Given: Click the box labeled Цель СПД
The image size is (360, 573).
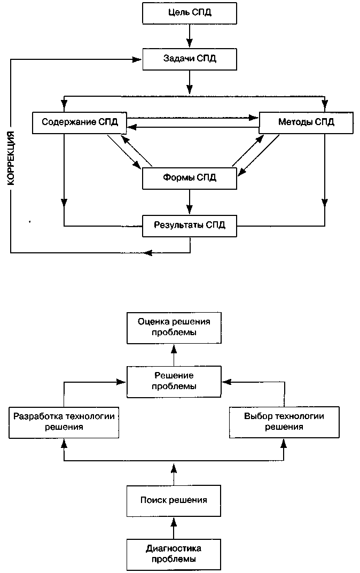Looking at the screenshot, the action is [x=190, y=13].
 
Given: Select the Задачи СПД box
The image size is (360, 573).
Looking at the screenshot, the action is [x=190, y=59].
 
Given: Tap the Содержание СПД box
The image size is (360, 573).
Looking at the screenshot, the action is [x=80, y=122].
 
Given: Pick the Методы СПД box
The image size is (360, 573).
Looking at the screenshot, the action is [x=306, y=122].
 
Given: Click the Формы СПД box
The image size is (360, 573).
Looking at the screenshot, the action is [x=190, y=179].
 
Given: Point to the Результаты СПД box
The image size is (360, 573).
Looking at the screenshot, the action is [x=190, y=226].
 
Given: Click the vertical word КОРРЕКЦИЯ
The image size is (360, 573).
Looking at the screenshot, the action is [x=11, y=158].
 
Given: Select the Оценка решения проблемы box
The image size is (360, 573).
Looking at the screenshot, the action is [x=174, y=328].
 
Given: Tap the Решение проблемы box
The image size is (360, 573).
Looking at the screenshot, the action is [x=174, y=382].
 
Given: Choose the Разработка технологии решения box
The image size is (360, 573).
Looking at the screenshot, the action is [x=64, y=422].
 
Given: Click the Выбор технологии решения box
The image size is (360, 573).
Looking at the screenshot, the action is [x=284, y=422].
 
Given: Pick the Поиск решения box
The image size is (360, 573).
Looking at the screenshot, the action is [x=174, y=501].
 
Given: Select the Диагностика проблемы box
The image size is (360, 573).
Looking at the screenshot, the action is [x=174, y=554].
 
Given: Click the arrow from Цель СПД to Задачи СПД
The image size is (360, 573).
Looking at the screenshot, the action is [x=189, y=36].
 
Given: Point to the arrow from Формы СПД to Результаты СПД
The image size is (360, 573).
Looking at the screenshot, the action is [x=189, y=202].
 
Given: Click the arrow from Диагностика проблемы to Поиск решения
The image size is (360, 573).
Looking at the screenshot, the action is [x=174, y=528].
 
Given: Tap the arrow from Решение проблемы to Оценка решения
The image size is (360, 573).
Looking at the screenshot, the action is [x=174, y=355].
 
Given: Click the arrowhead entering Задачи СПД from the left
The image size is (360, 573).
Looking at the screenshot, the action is [x=138, y=59].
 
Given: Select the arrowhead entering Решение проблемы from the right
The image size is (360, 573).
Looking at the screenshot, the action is [x=226, y=382].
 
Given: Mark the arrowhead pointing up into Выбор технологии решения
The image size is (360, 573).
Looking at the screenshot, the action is [x=284, y=443].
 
